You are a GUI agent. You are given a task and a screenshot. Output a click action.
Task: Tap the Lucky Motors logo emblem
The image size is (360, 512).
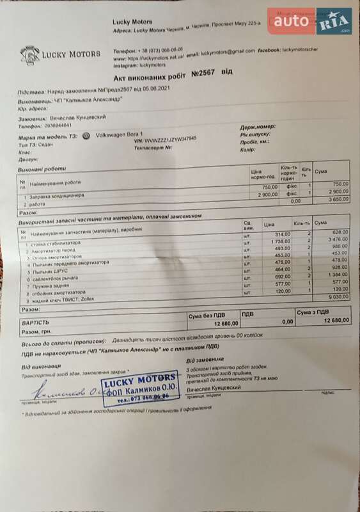(x=30, y=55)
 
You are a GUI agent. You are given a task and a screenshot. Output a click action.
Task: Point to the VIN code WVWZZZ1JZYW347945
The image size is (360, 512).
(x=171, y=138)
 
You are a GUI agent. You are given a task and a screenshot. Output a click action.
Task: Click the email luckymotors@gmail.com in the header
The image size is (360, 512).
(x=223, y=51)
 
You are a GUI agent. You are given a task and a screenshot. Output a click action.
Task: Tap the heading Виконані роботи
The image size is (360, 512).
(x=43, y=169)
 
